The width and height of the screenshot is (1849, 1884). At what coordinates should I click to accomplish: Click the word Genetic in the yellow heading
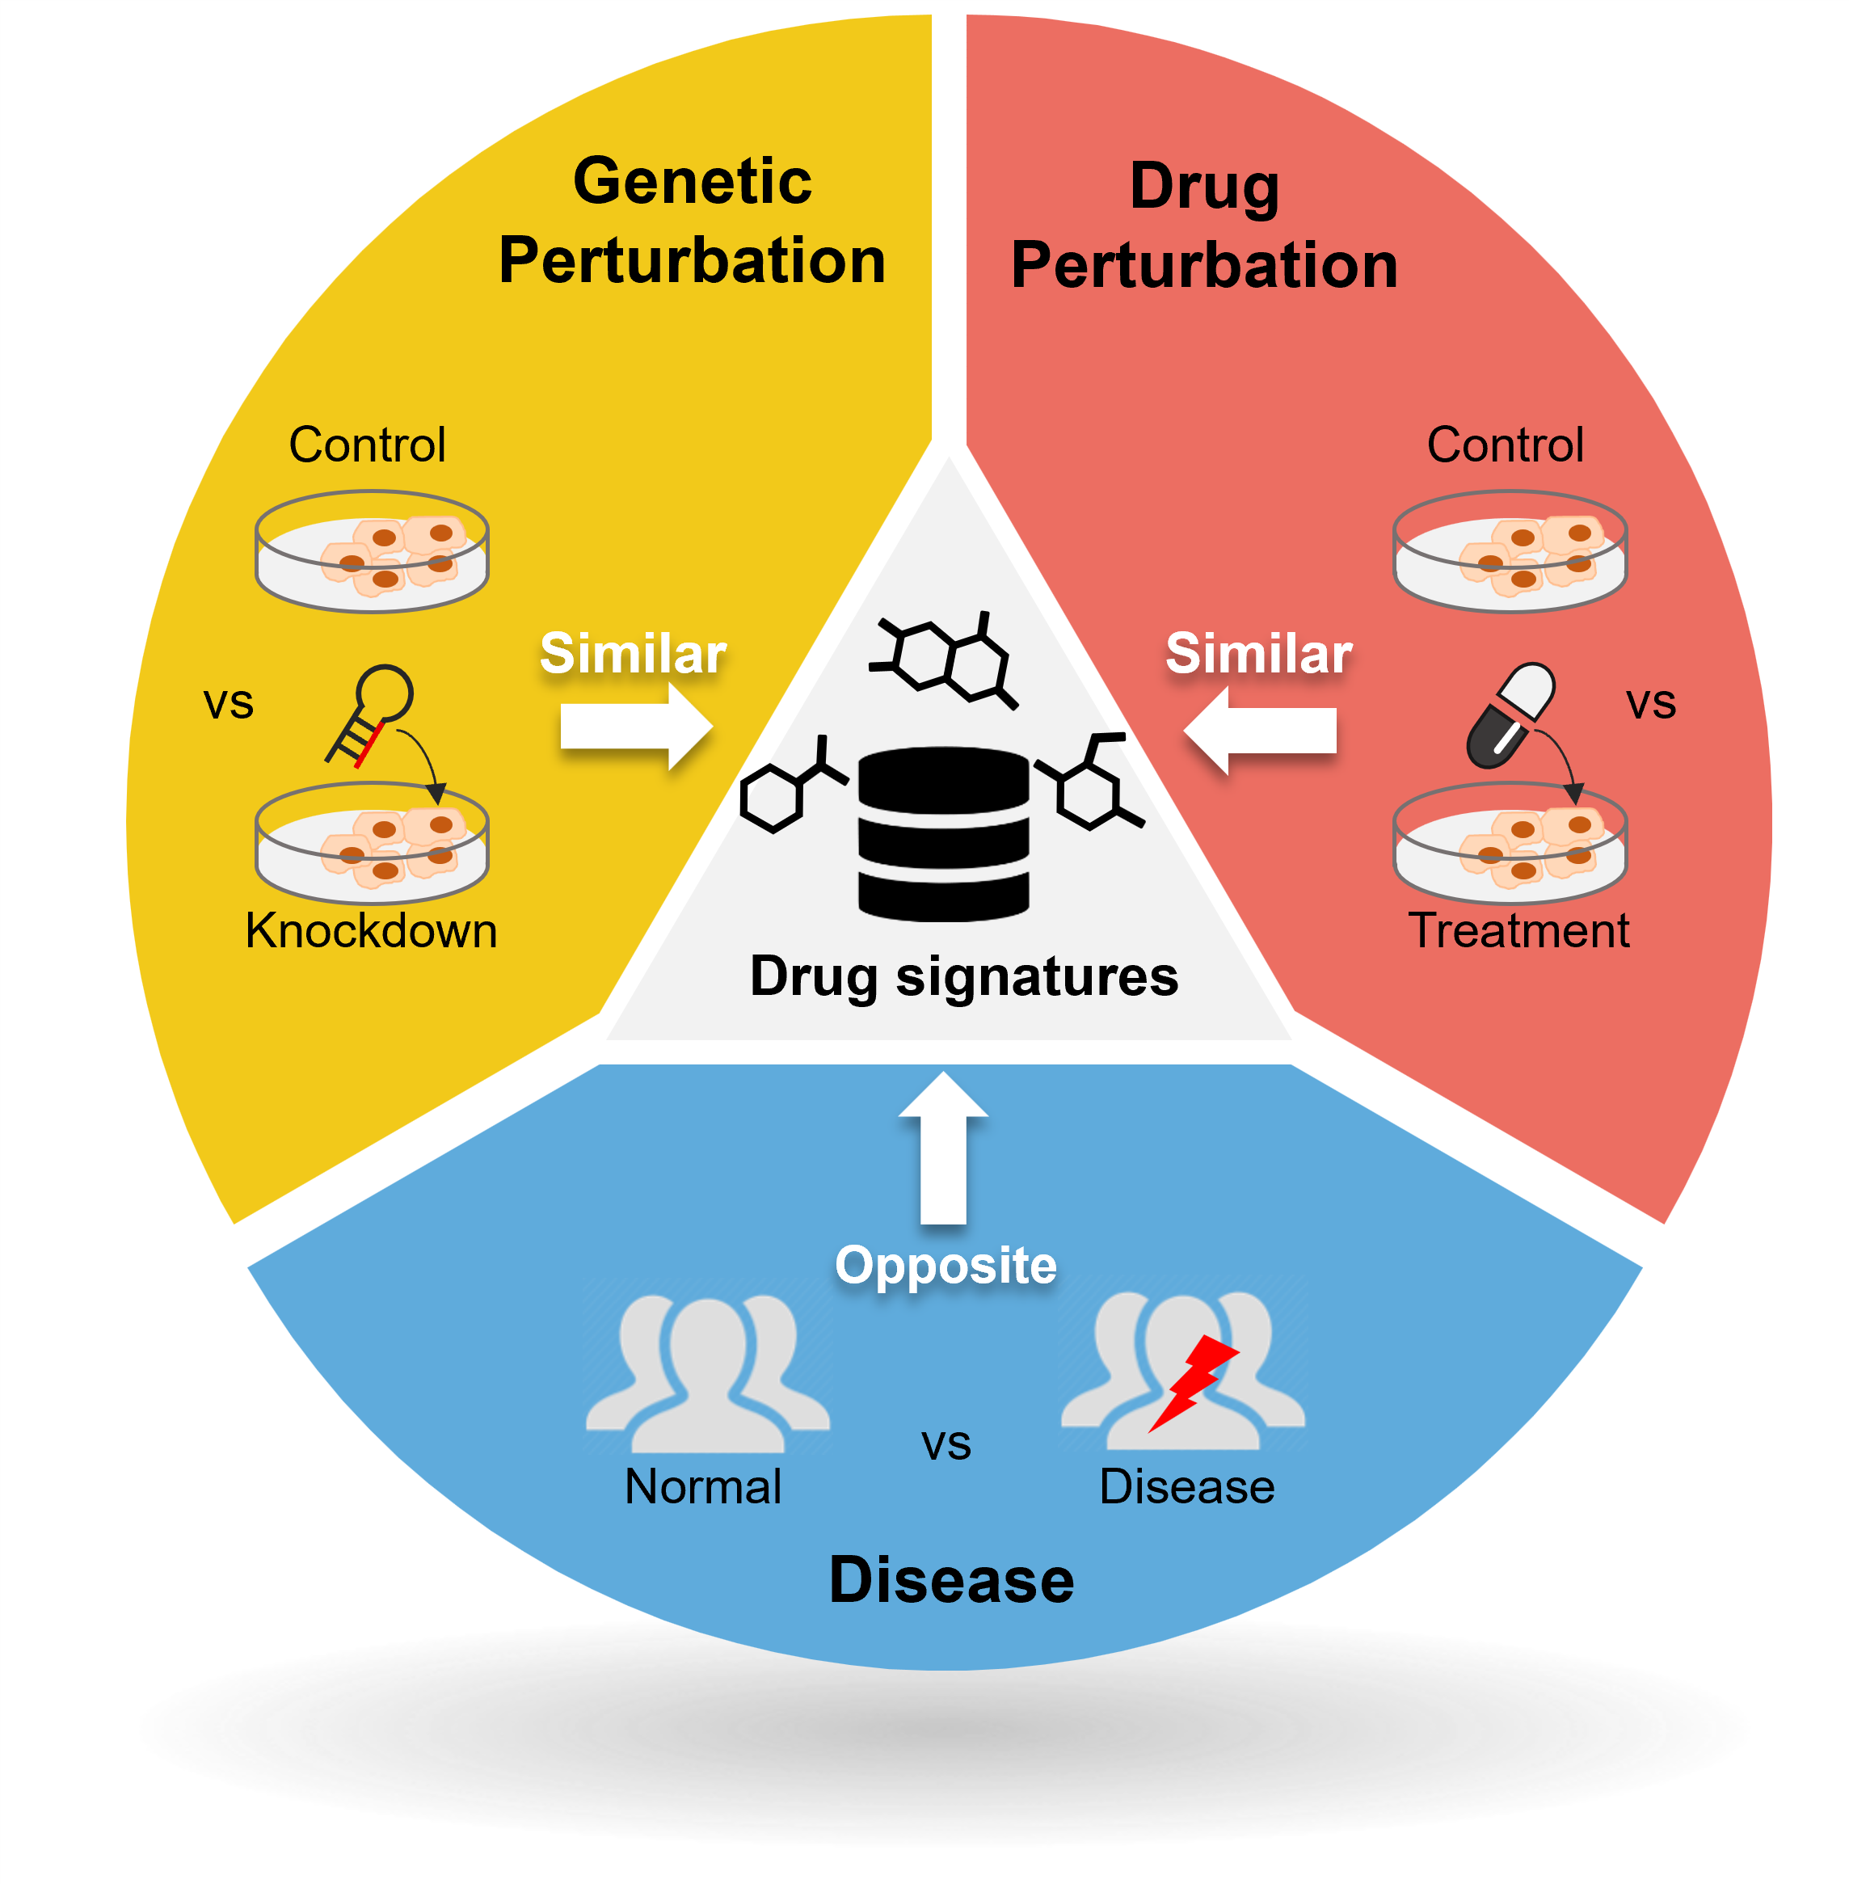point(692,183)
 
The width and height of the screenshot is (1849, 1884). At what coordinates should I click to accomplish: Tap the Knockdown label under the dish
point(371,930)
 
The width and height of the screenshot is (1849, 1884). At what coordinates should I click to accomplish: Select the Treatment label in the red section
point(1518,930)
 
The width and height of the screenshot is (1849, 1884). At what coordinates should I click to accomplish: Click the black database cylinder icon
point(943,833)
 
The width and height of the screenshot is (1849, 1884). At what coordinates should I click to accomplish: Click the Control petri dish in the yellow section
point(372,551)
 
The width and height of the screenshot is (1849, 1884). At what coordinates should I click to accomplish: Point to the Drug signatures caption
point(963,976)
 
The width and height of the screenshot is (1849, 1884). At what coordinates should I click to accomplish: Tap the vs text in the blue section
point(946,1444)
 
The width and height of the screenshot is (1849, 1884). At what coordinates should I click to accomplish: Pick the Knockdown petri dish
point(372,843)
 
